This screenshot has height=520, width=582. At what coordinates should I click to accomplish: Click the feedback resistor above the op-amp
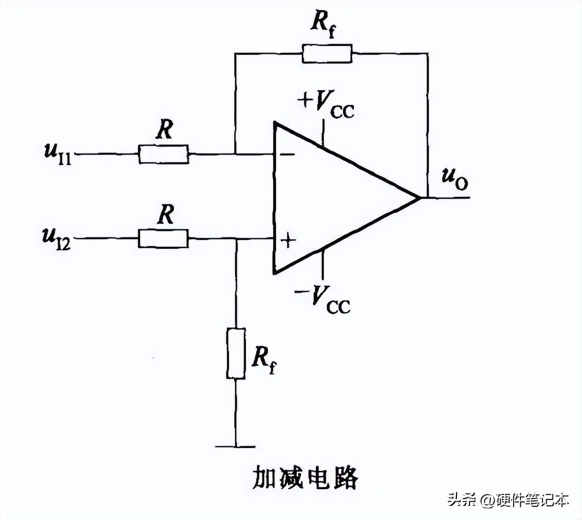pos(327,53)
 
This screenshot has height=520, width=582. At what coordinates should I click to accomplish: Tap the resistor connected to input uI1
pos(164,154)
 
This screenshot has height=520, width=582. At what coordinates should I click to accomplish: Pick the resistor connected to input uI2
pos(163,238)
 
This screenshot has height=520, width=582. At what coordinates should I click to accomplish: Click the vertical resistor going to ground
pos(236,354)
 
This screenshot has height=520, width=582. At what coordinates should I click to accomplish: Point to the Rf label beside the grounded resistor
pos(263,359)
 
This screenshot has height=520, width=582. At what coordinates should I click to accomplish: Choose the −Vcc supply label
pos(323,299)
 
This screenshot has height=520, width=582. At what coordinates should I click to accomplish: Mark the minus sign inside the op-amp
pos(287,154)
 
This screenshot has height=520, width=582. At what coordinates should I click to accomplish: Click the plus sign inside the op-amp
pos(288,241)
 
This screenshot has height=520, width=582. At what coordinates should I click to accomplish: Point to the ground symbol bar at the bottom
pos(236,447)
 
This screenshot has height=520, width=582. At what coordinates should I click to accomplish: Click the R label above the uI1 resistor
pos(164,130)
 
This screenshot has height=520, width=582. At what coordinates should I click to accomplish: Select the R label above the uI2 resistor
pos(165,215)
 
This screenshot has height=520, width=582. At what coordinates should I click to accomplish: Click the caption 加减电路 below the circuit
pos(305,478)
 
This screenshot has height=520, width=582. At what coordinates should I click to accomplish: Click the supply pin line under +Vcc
pos(323,133)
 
